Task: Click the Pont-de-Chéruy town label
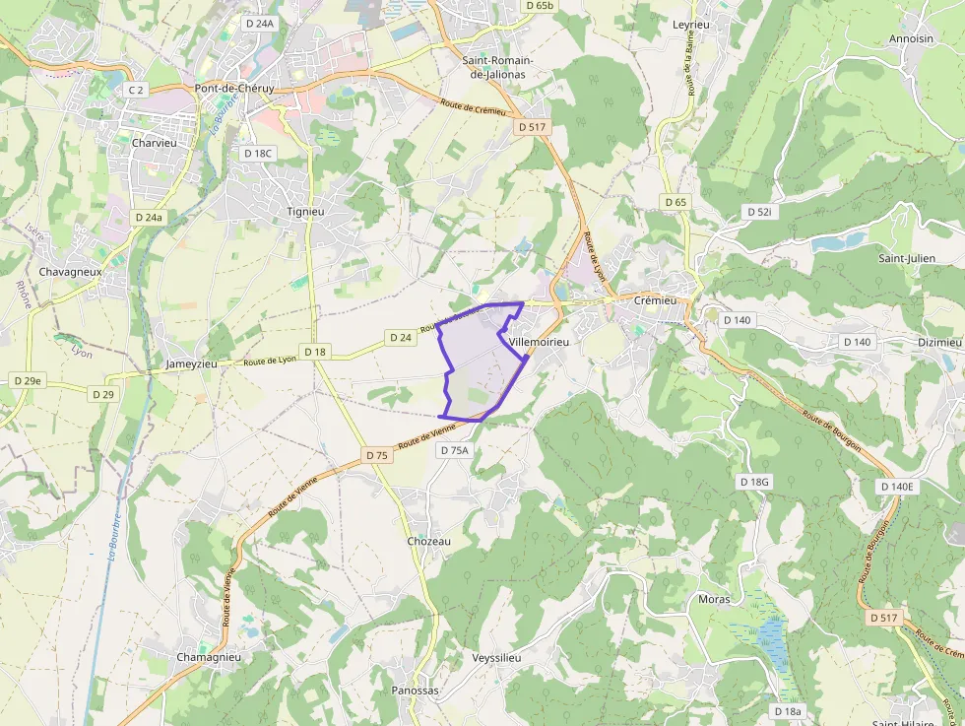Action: [x=234, y=88]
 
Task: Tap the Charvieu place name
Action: [x=153, y=142]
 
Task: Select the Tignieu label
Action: [x=304, y=211]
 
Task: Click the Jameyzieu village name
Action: [x=191, y=363]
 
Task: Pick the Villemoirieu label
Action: [x=540, y=341]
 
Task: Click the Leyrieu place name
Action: [x=690, y=24]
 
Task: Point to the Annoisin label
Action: [x=911, y=38]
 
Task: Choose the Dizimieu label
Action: [x=938, y=342]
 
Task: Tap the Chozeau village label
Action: [x=428, y=541]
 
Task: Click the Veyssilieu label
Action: [x=497, y=656]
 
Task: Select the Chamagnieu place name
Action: [x=209, y=657]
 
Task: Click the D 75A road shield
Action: [x=455, y=449]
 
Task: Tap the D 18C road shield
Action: [x=258, y=153]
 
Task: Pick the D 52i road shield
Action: [x=759, y=212]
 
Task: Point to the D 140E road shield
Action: [x=896, y=487]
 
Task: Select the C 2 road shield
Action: [x=136, y=90]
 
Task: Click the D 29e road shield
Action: [x=28, y=380]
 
